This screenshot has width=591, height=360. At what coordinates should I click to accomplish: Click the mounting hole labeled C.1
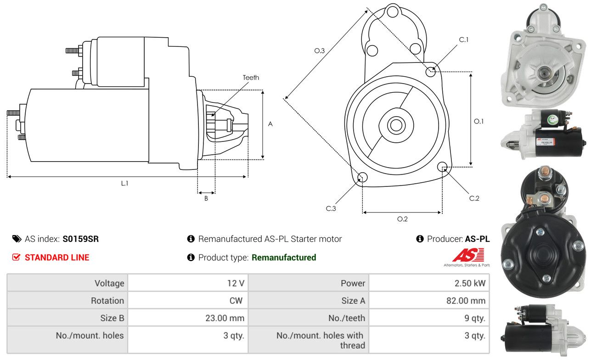(431, 72)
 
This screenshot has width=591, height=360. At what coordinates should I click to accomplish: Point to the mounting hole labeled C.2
(442, 167)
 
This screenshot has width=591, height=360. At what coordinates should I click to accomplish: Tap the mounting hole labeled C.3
(362, 178)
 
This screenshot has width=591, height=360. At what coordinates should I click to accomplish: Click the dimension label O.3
(320, 51)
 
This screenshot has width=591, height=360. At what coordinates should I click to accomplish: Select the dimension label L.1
(124, 183)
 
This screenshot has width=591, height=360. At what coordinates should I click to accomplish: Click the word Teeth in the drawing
(251, 78)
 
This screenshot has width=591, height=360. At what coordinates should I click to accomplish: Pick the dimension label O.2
(402, 219)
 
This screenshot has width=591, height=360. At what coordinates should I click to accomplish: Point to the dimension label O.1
(478, 121)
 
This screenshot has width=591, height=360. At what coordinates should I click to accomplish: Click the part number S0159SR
(81, 239)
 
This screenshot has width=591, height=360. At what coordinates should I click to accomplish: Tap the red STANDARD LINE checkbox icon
(17, 257)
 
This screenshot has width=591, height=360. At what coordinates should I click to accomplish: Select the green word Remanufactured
(284, 258)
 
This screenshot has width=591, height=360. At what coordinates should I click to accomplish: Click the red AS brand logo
(468, 255)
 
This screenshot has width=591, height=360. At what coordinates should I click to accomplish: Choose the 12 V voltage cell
(236, 283)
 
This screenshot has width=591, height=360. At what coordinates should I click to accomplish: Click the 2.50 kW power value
(470, 283)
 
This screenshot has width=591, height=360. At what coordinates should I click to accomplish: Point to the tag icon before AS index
(17, 239)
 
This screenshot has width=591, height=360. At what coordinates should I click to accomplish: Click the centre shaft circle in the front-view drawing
(395, 125)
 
